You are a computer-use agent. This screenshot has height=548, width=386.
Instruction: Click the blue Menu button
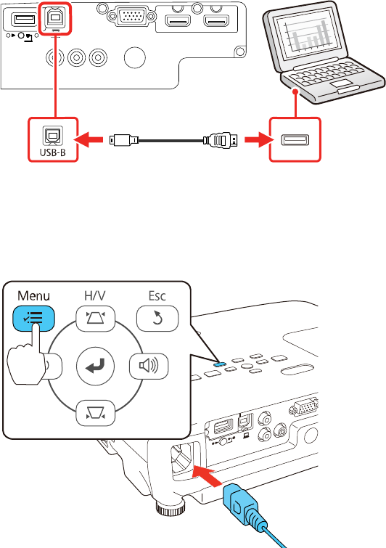33,318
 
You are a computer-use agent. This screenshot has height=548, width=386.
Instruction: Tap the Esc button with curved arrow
157,319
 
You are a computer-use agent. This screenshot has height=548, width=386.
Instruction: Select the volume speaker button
149,366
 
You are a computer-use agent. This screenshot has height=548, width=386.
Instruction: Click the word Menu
33,295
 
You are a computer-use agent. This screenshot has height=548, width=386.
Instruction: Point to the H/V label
94,295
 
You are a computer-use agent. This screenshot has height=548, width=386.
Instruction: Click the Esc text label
157,295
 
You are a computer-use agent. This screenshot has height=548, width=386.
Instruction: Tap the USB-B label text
53,152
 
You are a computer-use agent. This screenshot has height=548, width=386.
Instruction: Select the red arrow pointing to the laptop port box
259,140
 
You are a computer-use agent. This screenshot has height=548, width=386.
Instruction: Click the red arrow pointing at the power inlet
208,475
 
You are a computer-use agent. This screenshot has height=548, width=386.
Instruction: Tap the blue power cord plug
245,506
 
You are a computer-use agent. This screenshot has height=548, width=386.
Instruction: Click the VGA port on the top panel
131,15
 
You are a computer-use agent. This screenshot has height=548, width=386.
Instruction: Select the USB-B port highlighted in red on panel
54,20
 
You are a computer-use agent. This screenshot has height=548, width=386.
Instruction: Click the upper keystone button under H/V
95,319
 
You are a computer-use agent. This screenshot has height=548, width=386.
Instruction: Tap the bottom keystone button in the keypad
95,414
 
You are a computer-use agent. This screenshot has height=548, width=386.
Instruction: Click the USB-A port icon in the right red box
295,140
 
